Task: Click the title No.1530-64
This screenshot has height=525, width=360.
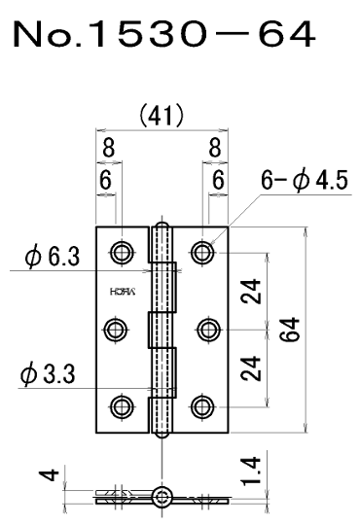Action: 164,34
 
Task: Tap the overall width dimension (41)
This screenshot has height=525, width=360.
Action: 162,115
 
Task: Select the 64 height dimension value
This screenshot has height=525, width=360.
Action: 289,330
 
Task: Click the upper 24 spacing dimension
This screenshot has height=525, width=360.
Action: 252,291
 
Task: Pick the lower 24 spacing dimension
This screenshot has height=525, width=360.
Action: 252,368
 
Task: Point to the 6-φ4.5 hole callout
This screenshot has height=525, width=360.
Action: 305,180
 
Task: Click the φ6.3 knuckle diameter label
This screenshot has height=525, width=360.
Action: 53,257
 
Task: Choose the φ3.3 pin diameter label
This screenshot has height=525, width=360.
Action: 48,373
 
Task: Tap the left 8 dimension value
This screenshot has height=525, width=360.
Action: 108,148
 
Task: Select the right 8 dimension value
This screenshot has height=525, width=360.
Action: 215,148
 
